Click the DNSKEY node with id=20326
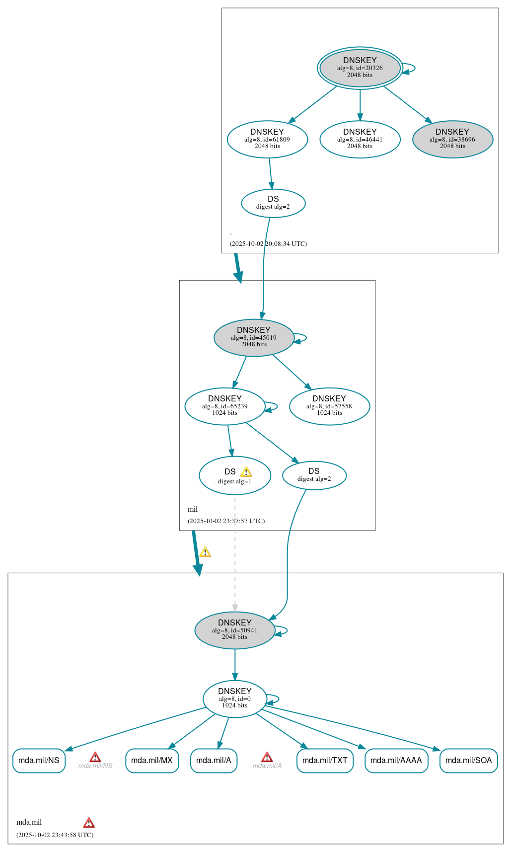coord(360,68)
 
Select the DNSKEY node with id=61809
coord(267,139)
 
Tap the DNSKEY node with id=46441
coord(360,139)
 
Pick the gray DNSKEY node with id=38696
coord(452,139)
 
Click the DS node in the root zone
coord(273,203)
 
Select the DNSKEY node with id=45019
coord(254,337)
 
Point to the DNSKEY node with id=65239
coord(225,406)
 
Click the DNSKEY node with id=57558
coord(329,406)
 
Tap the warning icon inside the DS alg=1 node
coord(246,472)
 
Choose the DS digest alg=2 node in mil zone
coord(314,475)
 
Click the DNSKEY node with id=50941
coord(235,630)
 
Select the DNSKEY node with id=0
coord(235,698)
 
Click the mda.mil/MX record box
coord(152,760)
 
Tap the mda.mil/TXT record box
coord(325,760)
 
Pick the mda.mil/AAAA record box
coord(396,760)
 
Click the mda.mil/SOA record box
coord(468,760)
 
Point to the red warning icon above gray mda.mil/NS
coord(95,757)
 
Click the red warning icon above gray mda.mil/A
coord(267,757)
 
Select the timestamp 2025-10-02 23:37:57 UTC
coord(226,521)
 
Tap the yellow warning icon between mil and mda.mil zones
coord(205,552)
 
